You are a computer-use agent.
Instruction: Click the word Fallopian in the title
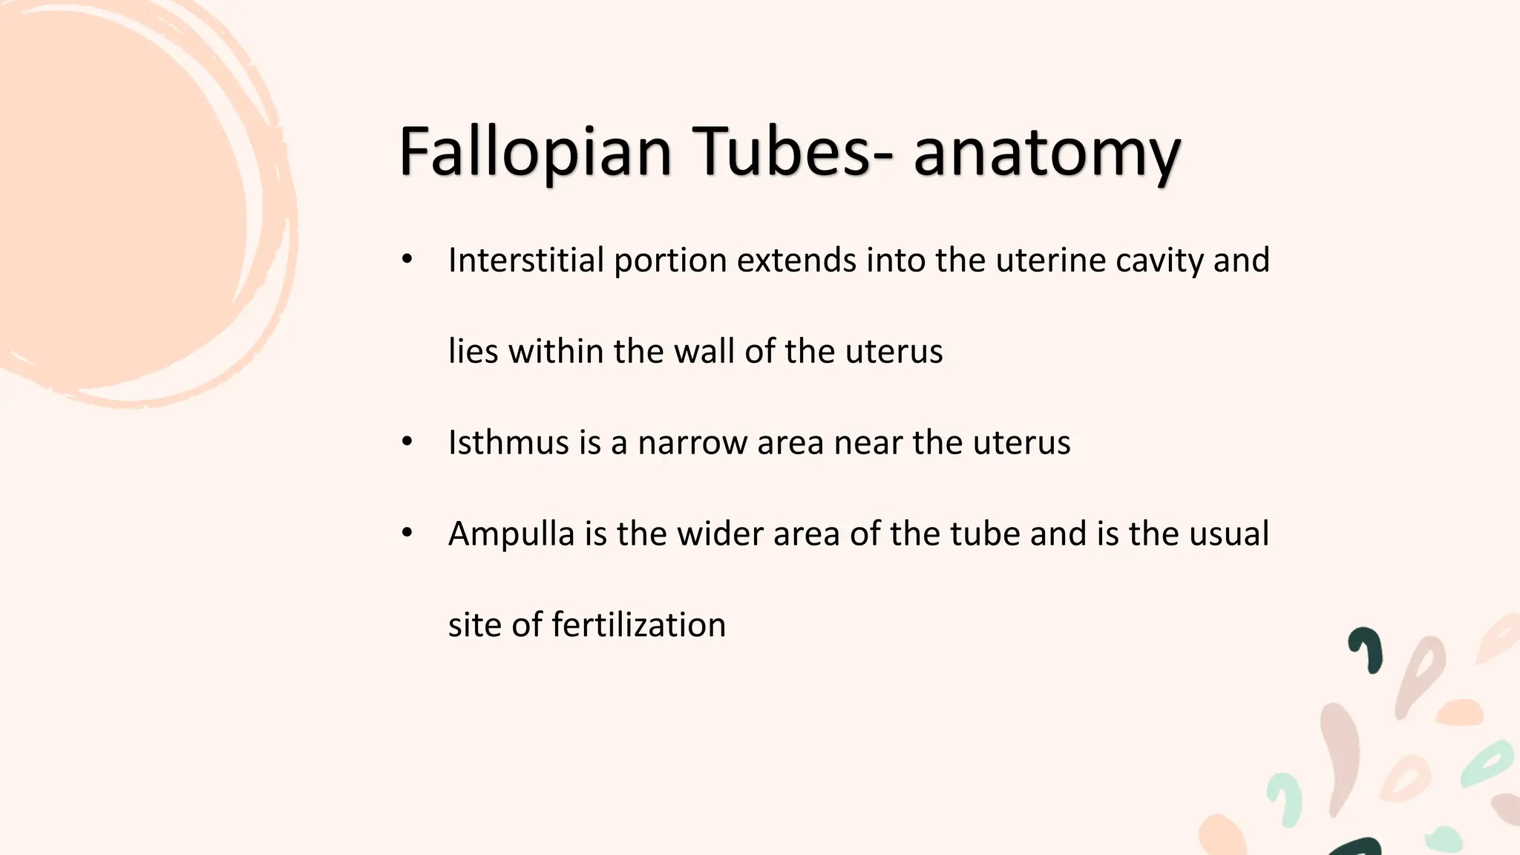click(535, 152)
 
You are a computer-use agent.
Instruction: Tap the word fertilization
click(638, 625)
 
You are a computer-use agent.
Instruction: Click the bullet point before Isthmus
click(407, 443)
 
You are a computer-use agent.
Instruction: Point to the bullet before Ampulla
click(407, 533)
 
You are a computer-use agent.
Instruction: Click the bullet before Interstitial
click(407, 260)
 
